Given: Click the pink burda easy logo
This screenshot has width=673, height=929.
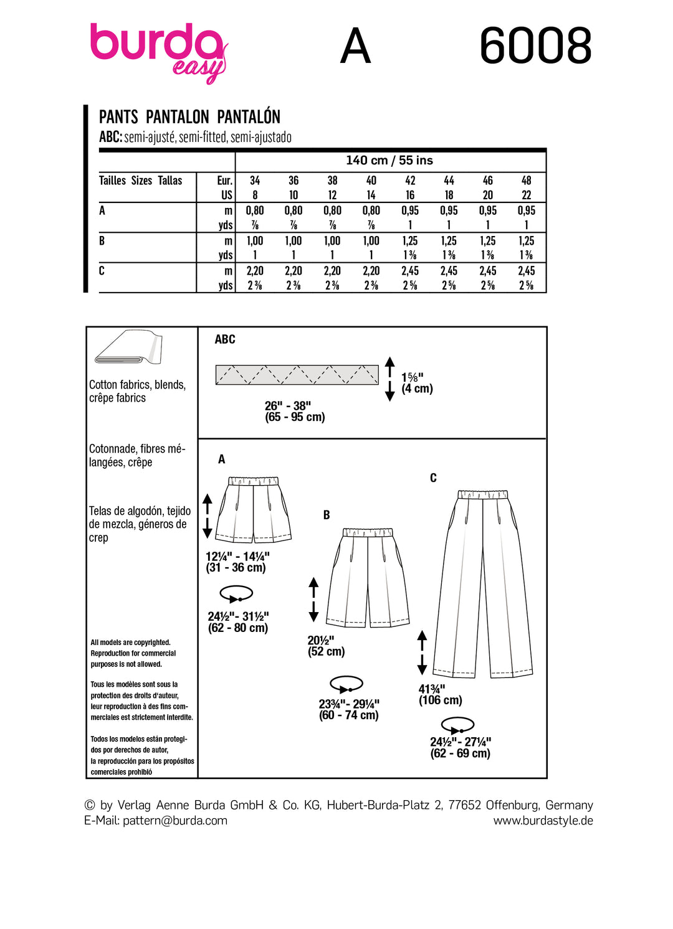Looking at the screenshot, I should pos(158,50).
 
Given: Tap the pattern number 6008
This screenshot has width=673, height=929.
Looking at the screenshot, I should pos(535,46).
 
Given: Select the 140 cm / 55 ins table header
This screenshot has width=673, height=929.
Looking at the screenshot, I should pos(389,161).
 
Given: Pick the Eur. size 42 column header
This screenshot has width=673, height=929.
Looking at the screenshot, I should pos(410,181).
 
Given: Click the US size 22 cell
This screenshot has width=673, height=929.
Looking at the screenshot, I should pos(527,195).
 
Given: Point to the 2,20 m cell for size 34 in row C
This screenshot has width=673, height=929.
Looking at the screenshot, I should pos(255,271).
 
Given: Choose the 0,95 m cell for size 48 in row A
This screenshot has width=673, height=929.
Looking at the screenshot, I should pos(527,210).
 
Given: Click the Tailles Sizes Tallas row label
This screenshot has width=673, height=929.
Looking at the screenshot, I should pos(141,181).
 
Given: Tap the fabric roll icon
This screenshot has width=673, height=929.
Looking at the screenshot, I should pos(128,347).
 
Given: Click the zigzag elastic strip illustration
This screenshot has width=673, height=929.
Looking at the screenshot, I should pos(297,375).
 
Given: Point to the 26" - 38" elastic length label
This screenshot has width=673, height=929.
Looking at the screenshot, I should pos(295,412).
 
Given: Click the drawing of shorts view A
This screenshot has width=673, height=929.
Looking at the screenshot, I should pos(254,509).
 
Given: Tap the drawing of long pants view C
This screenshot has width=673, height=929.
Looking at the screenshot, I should pos(484,584).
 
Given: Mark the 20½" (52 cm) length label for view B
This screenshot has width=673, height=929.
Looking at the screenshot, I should pos(326,646).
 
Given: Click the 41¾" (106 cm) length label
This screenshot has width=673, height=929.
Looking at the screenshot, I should pos(440,694).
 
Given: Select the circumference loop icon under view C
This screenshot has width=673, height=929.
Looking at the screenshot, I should pos(457,725).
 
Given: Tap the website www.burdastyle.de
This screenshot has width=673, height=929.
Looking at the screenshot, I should pos(543,821).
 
